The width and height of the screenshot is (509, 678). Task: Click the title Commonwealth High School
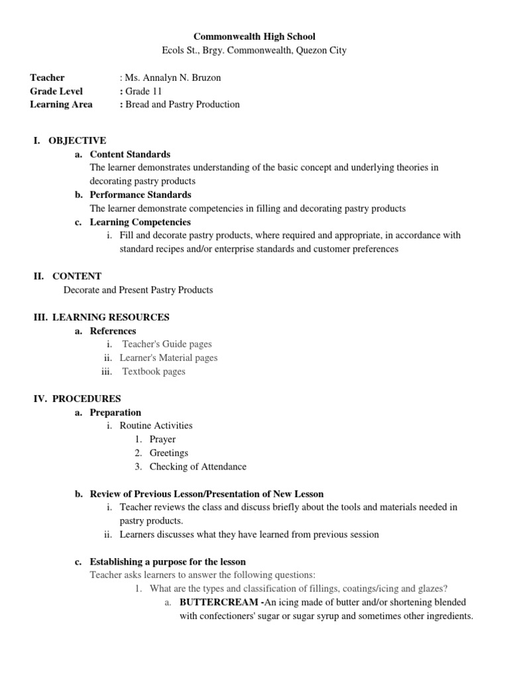point(254,36)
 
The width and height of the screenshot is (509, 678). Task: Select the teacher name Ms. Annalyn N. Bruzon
point(170,77)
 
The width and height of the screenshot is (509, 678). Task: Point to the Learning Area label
point(61,105)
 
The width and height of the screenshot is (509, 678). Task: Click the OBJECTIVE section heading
point(77,140)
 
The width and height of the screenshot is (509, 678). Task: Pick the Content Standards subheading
point(130,154)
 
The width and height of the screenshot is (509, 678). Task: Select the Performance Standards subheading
point(141,195)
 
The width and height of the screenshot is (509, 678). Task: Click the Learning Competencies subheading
point(140,222)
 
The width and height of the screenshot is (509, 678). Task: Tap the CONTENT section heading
point(77,276)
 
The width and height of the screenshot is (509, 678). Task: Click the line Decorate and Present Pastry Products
point(139,290)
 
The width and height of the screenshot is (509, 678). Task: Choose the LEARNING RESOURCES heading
point(111,317)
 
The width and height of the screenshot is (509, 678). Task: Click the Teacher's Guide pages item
point(167,344)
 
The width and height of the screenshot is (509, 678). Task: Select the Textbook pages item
point(154,371)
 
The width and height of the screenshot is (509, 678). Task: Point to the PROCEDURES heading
point(86,399)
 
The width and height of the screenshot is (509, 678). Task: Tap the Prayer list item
point(162,439)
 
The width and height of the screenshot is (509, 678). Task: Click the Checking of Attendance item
point(198,466)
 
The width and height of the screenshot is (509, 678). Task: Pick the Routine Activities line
point(156,426)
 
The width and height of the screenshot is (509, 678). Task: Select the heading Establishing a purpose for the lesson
point(168,561)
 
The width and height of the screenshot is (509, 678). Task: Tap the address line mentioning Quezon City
point(254,50)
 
